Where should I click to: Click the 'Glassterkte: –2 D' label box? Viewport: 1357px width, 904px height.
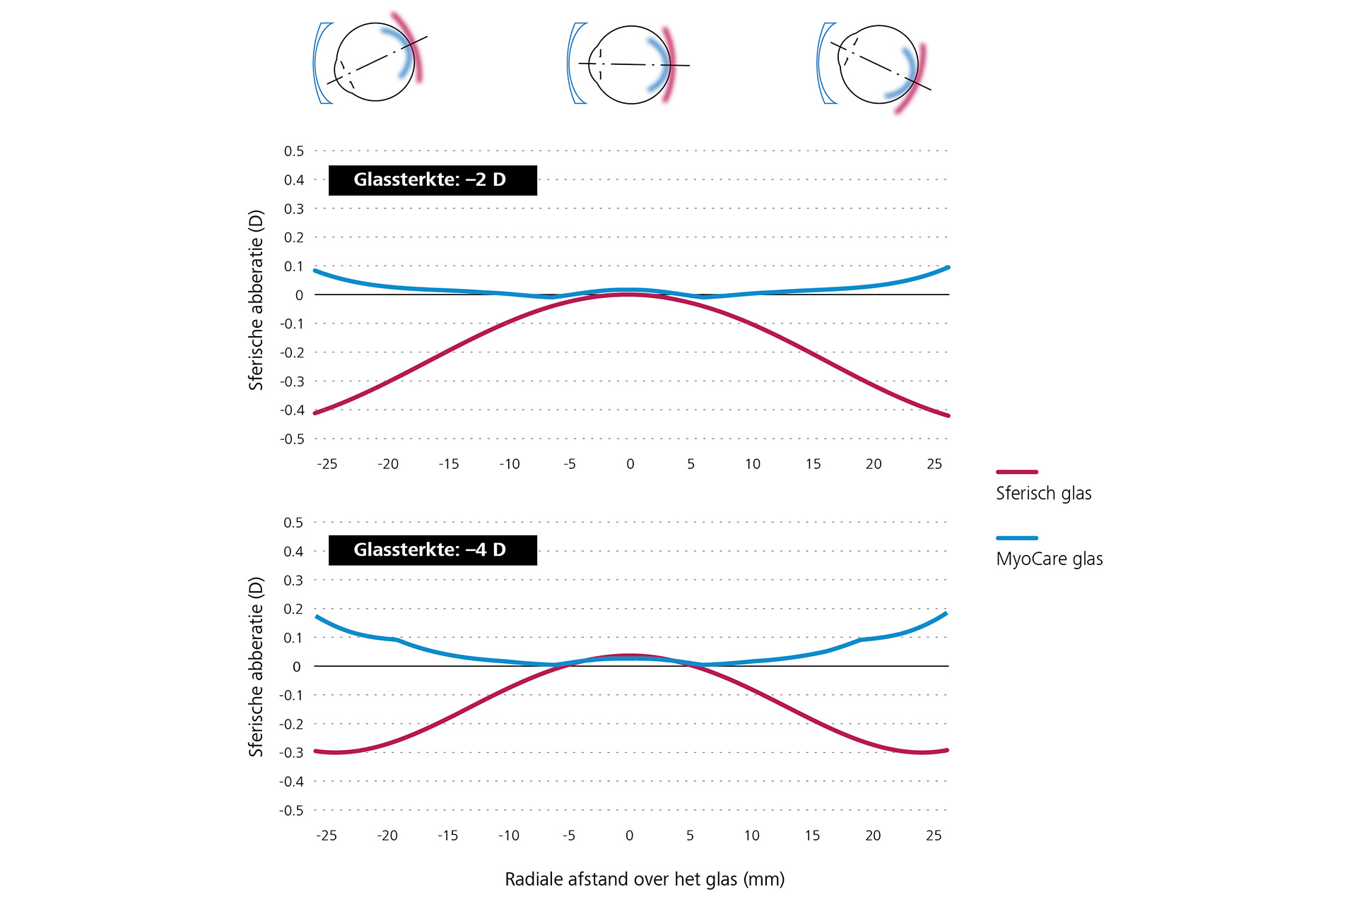coord(433,180)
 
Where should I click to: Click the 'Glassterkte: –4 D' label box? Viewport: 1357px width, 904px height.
coord(433,550)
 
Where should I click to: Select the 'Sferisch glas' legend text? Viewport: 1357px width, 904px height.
coord(1043,493)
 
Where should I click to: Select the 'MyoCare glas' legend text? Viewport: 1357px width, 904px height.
coord(1049,559)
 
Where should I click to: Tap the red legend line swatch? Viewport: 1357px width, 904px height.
coord(1016,472)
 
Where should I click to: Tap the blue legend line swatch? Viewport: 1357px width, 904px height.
coord(1016,538)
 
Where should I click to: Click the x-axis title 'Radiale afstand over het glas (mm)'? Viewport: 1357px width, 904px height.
coord(645,879)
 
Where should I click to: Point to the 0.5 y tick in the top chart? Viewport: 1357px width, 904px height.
coord(294,151)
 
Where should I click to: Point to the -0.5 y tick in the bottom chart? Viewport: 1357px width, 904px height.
coord(292,811)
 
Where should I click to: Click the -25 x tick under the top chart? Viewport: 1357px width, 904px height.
coord(327,464)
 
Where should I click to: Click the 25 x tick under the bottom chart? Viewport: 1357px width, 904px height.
coord(934,835)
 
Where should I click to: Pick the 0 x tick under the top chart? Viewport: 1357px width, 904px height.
coord(630,464)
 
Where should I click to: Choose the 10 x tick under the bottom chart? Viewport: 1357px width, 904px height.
coord(751,835)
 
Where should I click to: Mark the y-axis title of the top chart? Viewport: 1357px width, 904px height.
coord(256,300)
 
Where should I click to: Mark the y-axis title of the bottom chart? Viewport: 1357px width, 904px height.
coord(256,667)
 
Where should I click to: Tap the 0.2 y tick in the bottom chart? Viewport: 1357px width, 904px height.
coord(293,609)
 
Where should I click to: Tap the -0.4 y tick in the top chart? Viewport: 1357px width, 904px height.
coord(293,410)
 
